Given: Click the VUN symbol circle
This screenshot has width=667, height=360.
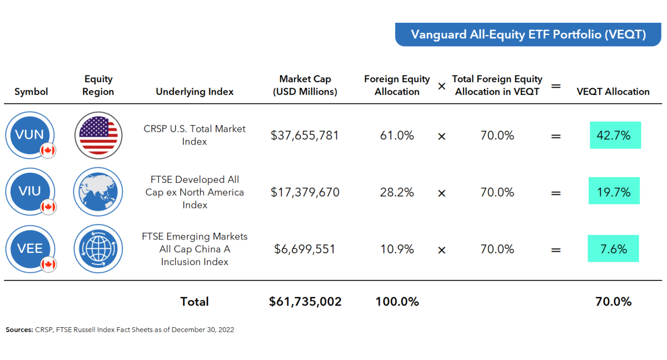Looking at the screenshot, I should pos(31,134).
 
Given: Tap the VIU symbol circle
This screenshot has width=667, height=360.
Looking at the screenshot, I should pos(31,192).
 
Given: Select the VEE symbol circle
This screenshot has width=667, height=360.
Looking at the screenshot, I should pos(31,248).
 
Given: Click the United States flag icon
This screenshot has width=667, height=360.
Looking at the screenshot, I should pos(98,135).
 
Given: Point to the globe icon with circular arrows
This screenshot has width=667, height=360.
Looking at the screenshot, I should pos(98,249).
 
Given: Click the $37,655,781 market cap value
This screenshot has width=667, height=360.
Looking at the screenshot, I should pos(305,136).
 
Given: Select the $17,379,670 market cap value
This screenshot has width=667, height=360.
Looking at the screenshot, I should pos(305,192).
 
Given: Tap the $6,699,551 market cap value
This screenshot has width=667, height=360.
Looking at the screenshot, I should pos(305,249).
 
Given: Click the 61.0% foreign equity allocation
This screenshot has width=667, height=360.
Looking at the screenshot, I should pos(397,136).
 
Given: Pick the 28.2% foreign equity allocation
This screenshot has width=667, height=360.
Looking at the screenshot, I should pos(397,192).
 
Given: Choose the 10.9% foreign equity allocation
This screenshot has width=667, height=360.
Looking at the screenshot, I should pos(397,249).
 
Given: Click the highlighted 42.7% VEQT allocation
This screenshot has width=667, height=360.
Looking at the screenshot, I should pos(615,136).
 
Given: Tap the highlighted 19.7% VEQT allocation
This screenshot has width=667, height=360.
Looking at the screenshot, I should pos(614,192).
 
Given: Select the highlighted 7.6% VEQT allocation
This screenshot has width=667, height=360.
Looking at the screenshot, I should pos(613,249).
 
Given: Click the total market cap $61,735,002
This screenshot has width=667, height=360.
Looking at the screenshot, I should pos(305,302).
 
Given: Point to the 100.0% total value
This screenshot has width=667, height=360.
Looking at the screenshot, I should pos(397,302).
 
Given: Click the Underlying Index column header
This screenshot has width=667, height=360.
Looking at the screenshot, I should pos(195,92).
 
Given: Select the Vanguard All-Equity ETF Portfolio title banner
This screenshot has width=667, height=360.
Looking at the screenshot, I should pos(528,34).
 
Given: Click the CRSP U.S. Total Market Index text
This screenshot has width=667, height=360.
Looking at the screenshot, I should pos(195,135).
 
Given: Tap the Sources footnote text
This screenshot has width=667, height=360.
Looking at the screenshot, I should pos(120,329).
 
